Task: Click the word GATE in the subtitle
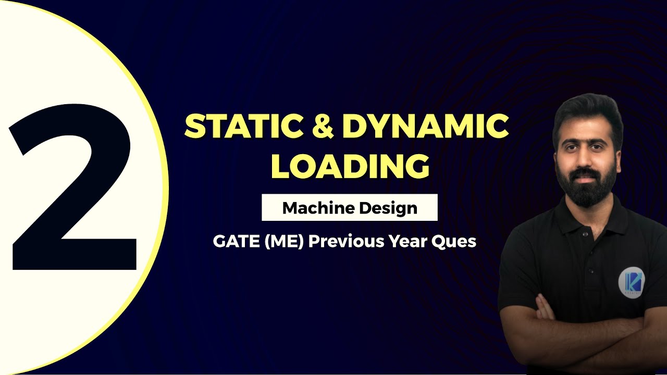[x=236, y=241]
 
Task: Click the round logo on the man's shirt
[x=631, y=282]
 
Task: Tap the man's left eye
[x=599, y=146]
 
